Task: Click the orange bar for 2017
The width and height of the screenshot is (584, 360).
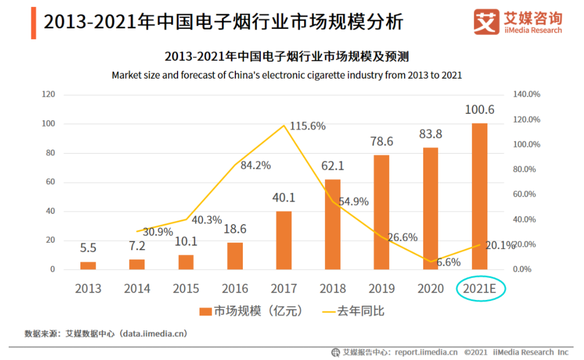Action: (283, 240)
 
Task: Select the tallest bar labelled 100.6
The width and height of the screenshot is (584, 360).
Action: (479, 196)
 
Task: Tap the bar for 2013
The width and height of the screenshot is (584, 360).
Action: (88, 265)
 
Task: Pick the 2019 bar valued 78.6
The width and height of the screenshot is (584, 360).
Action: (381, 212)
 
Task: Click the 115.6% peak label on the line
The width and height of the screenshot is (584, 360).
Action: (307, 126)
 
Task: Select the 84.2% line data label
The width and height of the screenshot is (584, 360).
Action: (252, 165)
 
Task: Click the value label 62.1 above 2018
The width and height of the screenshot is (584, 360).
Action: (332, 166)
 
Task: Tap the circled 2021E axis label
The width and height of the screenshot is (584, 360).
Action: (480, 288)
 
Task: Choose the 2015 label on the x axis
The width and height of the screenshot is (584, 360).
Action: (186, 288)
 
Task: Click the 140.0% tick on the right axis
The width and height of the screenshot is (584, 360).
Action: (526, 94)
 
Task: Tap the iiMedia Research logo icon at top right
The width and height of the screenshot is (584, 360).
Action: (486, 22)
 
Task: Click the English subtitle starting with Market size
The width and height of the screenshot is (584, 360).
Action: (287, 75)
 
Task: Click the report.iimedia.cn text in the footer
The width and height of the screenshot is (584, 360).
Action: (426, 352)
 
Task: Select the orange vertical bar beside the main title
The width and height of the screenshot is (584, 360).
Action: (34, 23)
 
